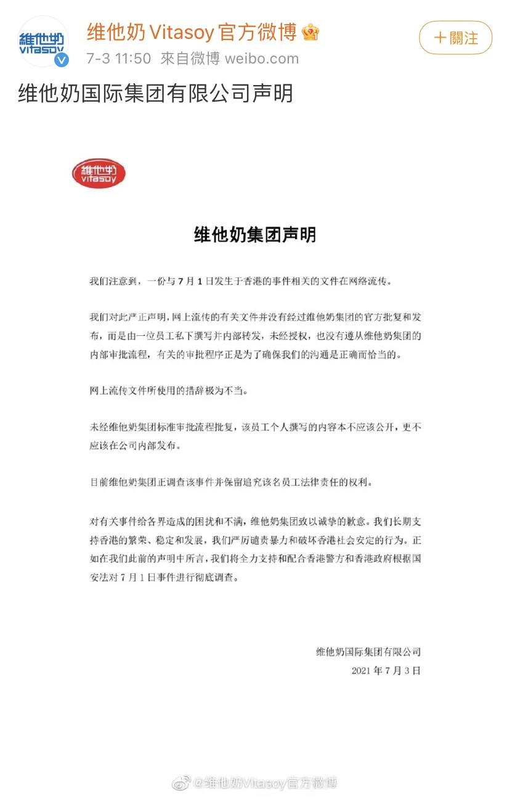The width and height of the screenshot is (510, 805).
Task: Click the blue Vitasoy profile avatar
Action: click(42, 40)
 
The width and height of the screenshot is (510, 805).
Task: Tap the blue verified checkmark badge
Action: click(62, 60)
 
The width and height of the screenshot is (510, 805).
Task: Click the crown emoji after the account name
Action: click(310, 32)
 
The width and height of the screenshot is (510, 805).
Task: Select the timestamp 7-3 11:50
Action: click(119, 59)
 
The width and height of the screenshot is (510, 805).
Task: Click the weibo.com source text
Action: click(262, 59)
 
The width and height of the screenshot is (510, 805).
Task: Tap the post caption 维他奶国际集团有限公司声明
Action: click(155, 94)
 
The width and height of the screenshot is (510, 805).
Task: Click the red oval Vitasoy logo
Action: click(99, 174)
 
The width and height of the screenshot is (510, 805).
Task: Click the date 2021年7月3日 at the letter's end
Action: click(386, 670)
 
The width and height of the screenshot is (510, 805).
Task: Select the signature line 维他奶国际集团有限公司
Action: click(368, 652)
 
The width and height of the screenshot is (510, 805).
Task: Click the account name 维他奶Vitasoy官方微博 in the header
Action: click(192, 32)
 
